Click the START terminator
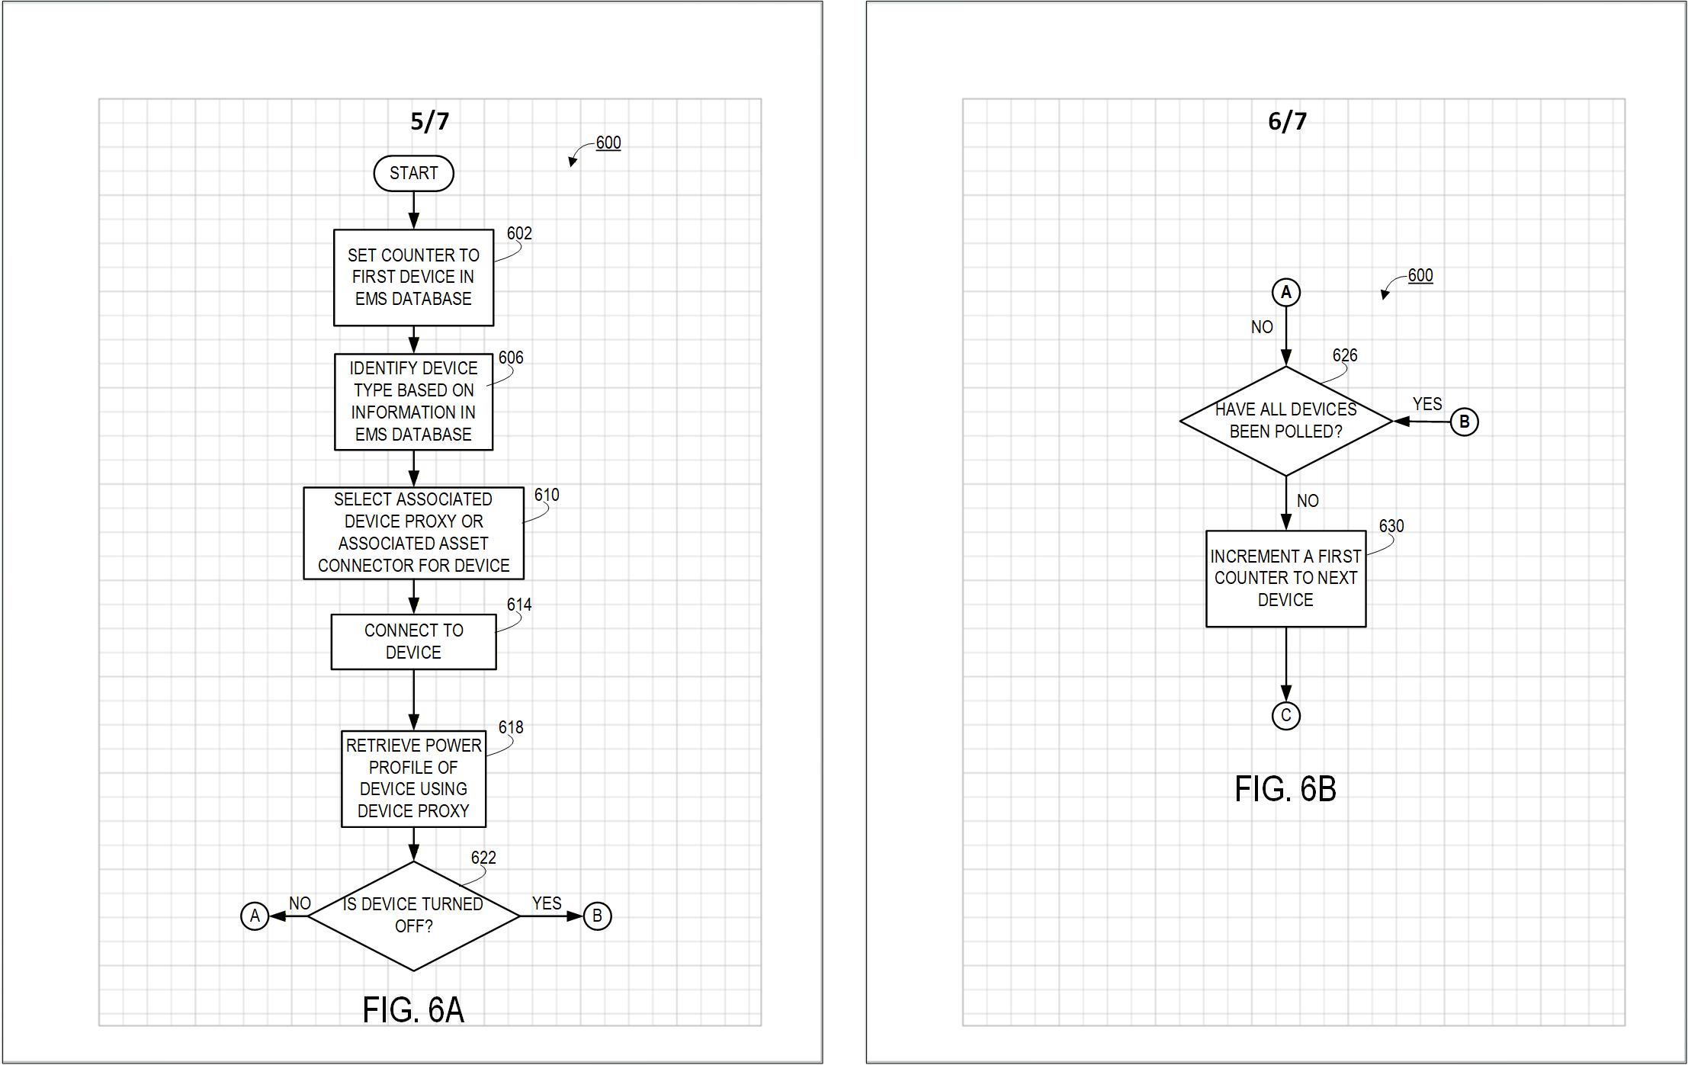pos(413,173)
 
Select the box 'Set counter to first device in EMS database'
pos(413,277)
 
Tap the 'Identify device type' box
pos(413,402)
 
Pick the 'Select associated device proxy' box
pos(413,533)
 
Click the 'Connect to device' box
pos(413,642)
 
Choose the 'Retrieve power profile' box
pos(413,778)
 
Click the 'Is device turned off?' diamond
pos(413,916)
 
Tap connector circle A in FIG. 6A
pos(255,916)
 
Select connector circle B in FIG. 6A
pos(597,916)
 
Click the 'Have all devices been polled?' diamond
pos(1285,421)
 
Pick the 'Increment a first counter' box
pos(1285,579)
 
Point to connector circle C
pos(1285,716)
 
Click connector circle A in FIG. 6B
pos(1285,292)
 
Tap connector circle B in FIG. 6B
pos(1464,422)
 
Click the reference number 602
pos(519,233)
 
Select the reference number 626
pos(1345,355)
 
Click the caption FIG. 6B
pos(1285,789)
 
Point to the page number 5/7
pos(430,121)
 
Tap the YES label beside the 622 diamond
pos(547,903)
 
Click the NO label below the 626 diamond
pos(1308,501)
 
